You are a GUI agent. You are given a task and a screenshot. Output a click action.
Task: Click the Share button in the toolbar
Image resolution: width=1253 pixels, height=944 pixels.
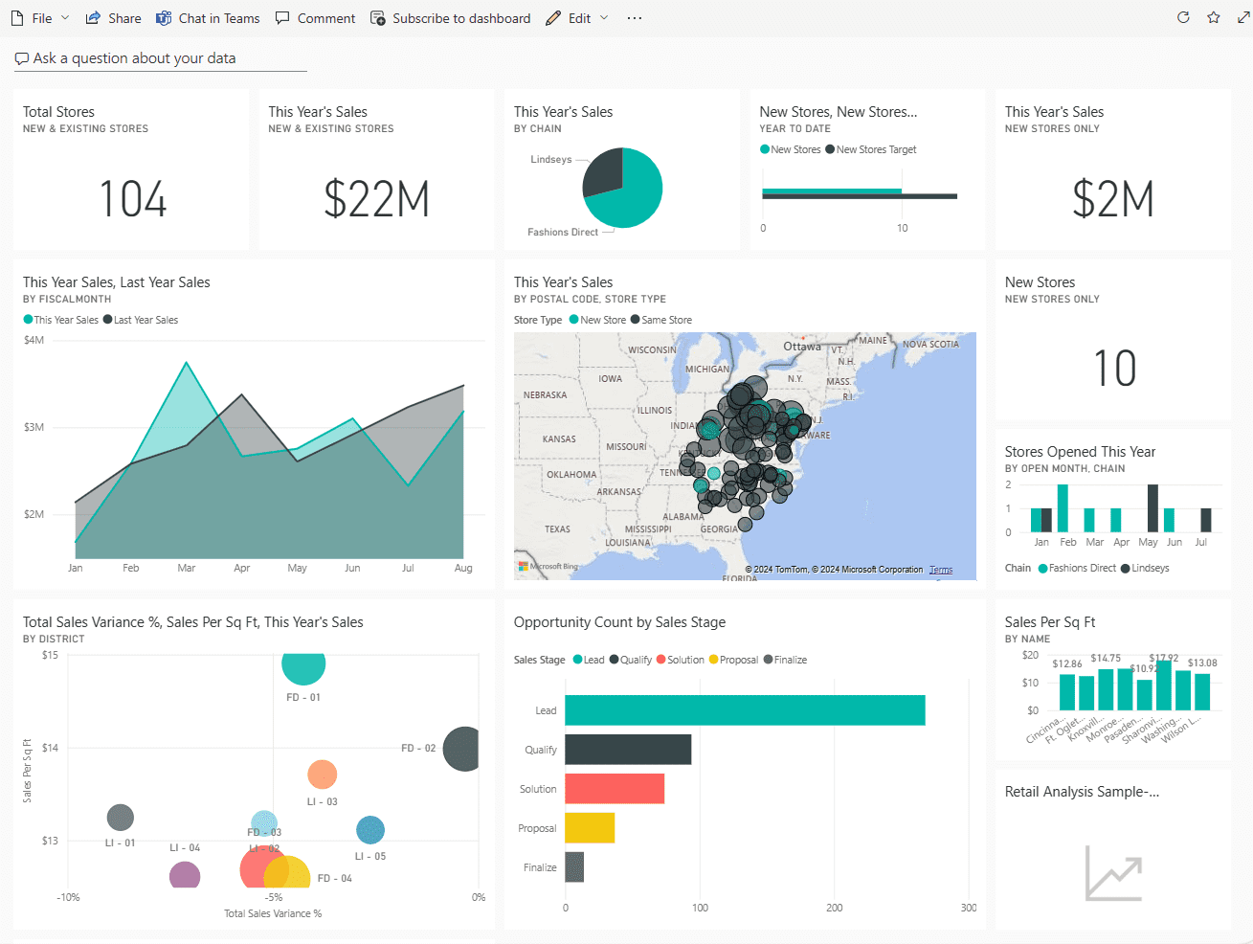113,18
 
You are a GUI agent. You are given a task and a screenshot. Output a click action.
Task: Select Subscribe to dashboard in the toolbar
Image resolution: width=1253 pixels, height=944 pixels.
450,18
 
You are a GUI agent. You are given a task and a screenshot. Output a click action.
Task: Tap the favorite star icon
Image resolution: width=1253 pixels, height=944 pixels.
1214,18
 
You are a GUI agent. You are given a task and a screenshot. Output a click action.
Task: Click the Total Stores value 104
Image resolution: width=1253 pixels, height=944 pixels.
133,199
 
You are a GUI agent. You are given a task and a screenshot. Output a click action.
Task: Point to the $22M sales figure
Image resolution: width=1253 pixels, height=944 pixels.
376,199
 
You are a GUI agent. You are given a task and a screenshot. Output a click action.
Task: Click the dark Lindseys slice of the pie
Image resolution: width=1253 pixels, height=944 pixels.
602,173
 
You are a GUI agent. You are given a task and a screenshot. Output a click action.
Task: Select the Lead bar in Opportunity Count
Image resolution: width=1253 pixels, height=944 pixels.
745,710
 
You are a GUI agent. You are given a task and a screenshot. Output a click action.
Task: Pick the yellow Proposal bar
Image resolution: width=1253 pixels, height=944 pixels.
590,828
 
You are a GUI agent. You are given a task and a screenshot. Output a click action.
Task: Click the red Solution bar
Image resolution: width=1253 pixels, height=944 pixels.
615,789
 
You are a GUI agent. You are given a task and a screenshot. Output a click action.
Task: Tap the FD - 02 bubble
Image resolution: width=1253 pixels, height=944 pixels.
461,749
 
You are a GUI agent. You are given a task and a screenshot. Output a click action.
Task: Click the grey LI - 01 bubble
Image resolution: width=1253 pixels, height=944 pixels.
121,818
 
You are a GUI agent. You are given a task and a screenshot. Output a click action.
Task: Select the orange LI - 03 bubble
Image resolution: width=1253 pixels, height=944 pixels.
323,775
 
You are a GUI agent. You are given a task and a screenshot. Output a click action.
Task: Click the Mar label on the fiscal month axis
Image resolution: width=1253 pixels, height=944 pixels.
187,568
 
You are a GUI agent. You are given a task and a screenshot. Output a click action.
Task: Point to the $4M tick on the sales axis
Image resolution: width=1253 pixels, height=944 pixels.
34,340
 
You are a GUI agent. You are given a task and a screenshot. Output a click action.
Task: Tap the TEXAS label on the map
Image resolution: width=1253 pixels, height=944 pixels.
557,528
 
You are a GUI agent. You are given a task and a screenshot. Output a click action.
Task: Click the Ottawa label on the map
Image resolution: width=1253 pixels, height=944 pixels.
802,347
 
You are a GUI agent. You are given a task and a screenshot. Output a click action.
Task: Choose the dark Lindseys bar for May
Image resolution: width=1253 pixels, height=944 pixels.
1152,508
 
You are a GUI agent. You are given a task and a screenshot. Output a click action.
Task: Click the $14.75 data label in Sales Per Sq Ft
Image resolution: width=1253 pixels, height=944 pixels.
1106,658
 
